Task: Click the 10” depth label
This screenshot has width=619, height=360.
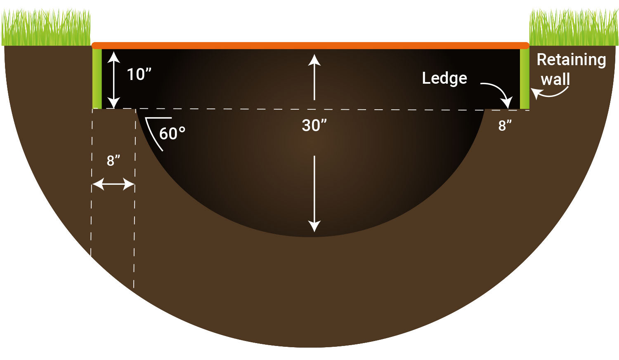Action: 139,75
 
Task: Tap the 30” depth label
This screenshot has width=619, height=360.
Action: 314,125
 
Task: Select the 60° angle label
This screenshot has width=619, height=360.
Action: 172,134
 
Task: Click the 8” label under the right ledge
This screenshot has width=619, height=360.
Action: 505,126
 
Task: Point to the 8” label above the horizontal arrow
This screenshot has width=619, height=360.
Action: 113,161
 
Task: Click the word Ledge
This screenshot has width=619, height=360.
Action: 444,78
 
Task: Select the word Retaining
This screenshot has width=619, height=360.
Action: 571,60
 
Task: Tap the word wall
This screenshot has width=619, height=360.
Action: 555,79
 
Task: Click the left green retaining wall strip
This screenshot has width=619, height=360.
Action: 97,79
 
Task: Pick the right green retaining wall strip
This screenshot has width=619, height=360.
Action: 524,79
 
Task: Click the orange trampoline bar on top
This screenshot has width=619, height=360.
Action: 311,45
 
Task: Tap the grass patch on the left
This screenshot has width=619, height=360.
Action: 46,28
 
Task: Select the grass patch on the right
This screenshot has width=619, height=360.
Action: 574,27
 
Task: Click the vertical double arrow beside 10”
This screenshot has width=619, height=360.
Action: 113,80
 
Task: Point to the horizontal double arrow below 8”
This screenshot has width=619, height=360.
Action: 113,184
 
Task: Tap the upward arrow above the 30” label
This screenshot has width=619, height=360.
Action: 314,77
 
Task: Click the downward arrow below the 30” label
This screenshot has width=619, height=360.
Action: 314,194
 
